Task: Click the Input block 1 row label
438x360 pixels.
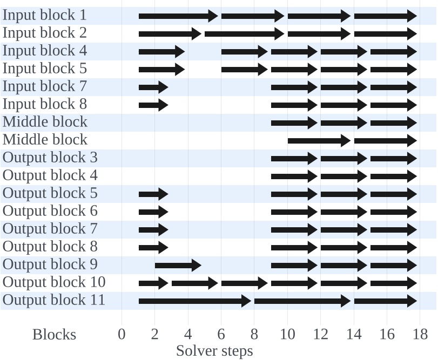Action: point(45,15)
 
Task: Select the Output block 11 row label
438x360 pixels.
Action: point(54,300)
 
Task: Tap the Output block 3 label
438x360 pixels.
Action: point(50,158)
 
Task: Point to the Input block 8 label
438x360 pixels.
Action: point(45,104)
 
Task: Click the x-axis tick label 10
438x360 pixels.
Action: point(287,335)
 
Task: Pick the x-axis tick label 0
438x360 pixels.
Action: point(122,335)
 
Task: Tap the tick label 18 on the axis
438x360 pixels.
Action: point(420,335)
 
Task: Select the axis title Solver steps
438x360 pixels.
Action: point(214,351)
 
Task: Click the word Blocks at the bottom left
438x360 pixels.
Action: point(54,335)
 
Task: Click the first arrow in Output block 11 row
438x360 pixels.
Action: point(194,301)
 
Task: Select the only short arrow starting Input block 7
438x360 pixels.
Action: point(153,87)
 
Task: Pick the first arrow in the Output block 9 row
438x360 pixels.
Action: point(178,265)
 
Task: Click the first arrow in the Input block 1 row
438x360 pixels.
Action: point(178,16)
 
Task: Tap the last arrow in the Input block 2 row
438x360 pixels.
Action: point(385,33)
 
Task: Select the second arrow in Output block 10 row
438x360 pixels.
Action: point(194,283)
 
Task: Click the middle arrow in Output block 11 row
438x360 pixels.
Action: point(302,301)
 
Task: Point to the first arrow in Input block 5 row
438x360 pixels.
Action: point(161,69)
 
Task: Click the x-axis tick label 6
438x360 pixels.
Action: point(221,335)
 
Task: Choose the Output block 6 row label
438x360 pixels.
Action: point(50,211)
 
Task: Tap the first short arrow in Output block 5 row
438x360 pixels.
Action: point(153,194)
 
